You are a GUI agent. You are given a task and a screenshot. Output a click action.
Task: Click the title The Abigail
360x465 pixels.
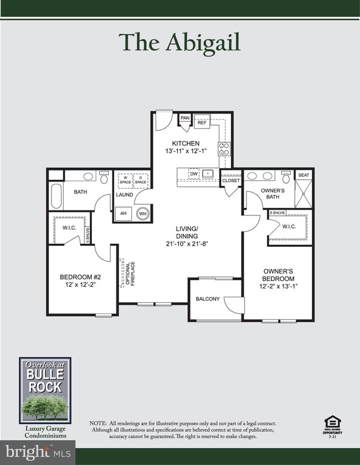pos(180,43)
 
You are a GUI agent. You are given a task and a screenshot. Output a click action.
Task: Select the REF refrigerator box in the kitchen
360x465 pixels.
pos(202,122)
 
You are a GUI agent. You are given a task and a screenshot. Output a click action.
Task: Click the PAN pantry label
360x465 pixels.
pos(184,118)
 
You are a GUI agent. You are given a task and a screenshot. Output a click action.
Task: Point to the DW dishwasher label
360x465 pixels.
pos(194,174)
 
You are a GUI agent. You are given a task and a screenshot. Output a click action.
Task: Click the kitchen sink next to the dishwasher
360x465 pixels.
pos(208,174)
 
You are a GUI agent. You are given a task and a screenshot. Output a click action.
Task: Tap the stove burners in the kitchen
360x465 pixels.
pos(225,148)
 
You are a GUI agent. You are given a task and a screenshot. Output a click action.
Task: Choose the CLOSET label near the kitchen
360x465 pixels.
pos(230,180)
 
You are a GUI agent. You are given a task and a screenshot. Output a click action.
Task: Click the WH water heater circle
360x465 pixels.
pos(142,214)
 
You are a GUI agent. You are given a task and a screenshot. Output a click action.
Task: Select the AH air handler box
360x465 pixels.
pos(124,214)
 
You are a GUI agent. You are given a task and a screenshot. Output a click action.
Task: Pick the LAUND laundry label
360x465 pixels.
pos(125,195)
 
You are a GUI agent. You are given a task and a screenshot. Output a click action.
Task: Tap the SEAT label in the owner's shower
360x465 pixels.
pos(304,175)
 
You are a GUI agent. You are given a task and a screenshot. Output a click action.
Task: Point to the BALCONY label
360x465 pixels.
pos(208,299)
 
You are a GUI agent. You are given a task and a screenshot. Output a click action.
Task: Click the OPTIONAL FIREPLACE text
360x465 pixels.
pos(128,273)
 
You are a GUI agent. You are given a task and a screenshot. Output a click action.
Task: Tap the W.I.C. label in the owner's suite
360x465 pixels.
pos(289,226)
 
